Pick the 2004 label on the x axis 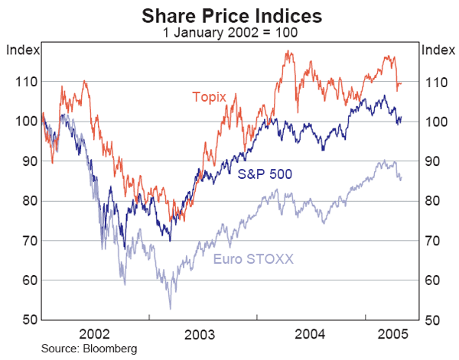click(x=310, y=334)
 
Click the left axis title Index click(x=21, y=50)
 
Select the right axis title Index click(x=438, y=50)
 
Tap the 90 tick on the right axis click(x=433, y=161)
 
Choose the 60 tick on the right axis click(x=433, y=281)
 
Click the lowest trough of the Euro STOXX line click(x=170, y=308)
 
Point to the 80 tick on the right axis click(x=433, y=201)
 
